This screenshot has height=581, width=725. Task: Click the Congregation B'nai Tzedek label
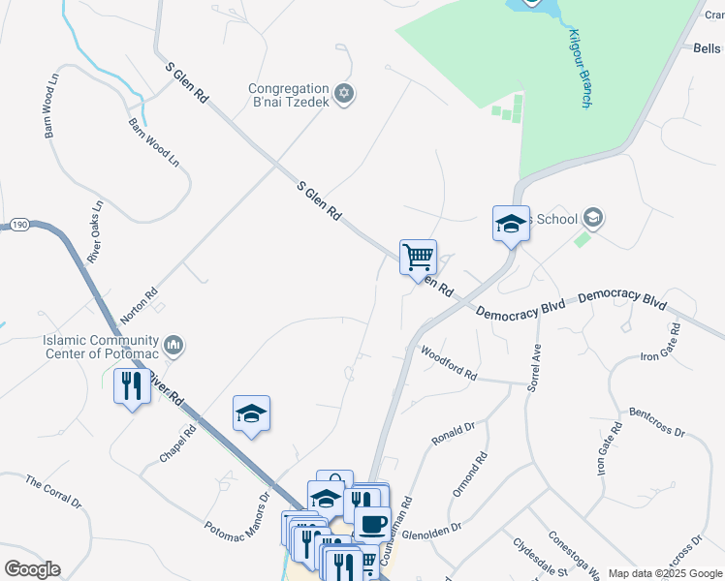289,94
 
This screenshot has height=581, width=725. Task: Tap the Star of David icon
343,95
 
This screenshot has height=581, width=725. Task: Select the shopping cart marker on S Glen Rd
418,258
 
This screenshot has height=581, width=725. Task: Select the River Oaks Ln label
95,233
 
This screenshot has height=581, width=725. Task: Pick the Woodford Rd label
449,361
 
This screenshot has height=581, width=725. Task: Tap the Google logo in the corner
32,569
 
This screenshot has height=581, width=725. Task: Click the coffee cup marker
371,524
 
